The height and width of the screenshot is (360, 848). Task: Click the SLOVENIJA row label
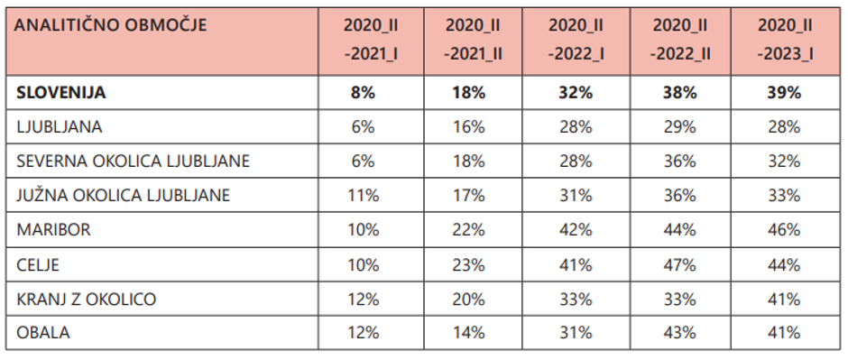pyautogui.click(x=61, y=92)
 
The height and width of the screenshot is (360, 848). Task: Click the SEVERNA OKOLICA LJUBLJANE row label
pyautogui.click(x=133, y=161)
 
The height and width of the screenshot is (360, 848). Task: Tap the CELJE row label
pyautogui.click(x=40, y=264)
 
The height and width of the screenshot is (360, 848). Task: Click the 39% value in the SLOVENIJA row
pyautogui.click(x=782, y=92)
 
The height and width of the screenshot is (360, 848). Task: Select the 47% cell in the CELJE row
pyautogui.click(x=679, y=264)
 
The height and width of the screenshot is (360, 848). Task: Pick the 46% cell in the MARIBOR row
pyautogui.click(x=782, y=230)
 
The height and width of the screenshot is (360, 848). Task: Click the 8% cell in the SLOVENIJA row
pyautogui.click(x=364, y=92)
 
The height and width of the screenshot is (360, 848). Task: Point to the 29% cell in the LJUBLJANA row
pyautogui.click(x=679, y=126)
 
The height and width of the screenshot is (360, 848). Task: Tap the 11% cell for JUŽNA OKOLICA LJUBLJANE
pyautogui.click(x=364, y=195)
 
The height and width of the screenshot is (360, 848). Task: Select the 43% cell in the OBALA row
pyautogui.click(x=679, y=332)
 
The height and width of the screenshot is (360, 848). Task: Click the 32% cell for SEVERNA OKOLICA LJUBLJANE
pyautogui.click(x=782, y=161)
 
